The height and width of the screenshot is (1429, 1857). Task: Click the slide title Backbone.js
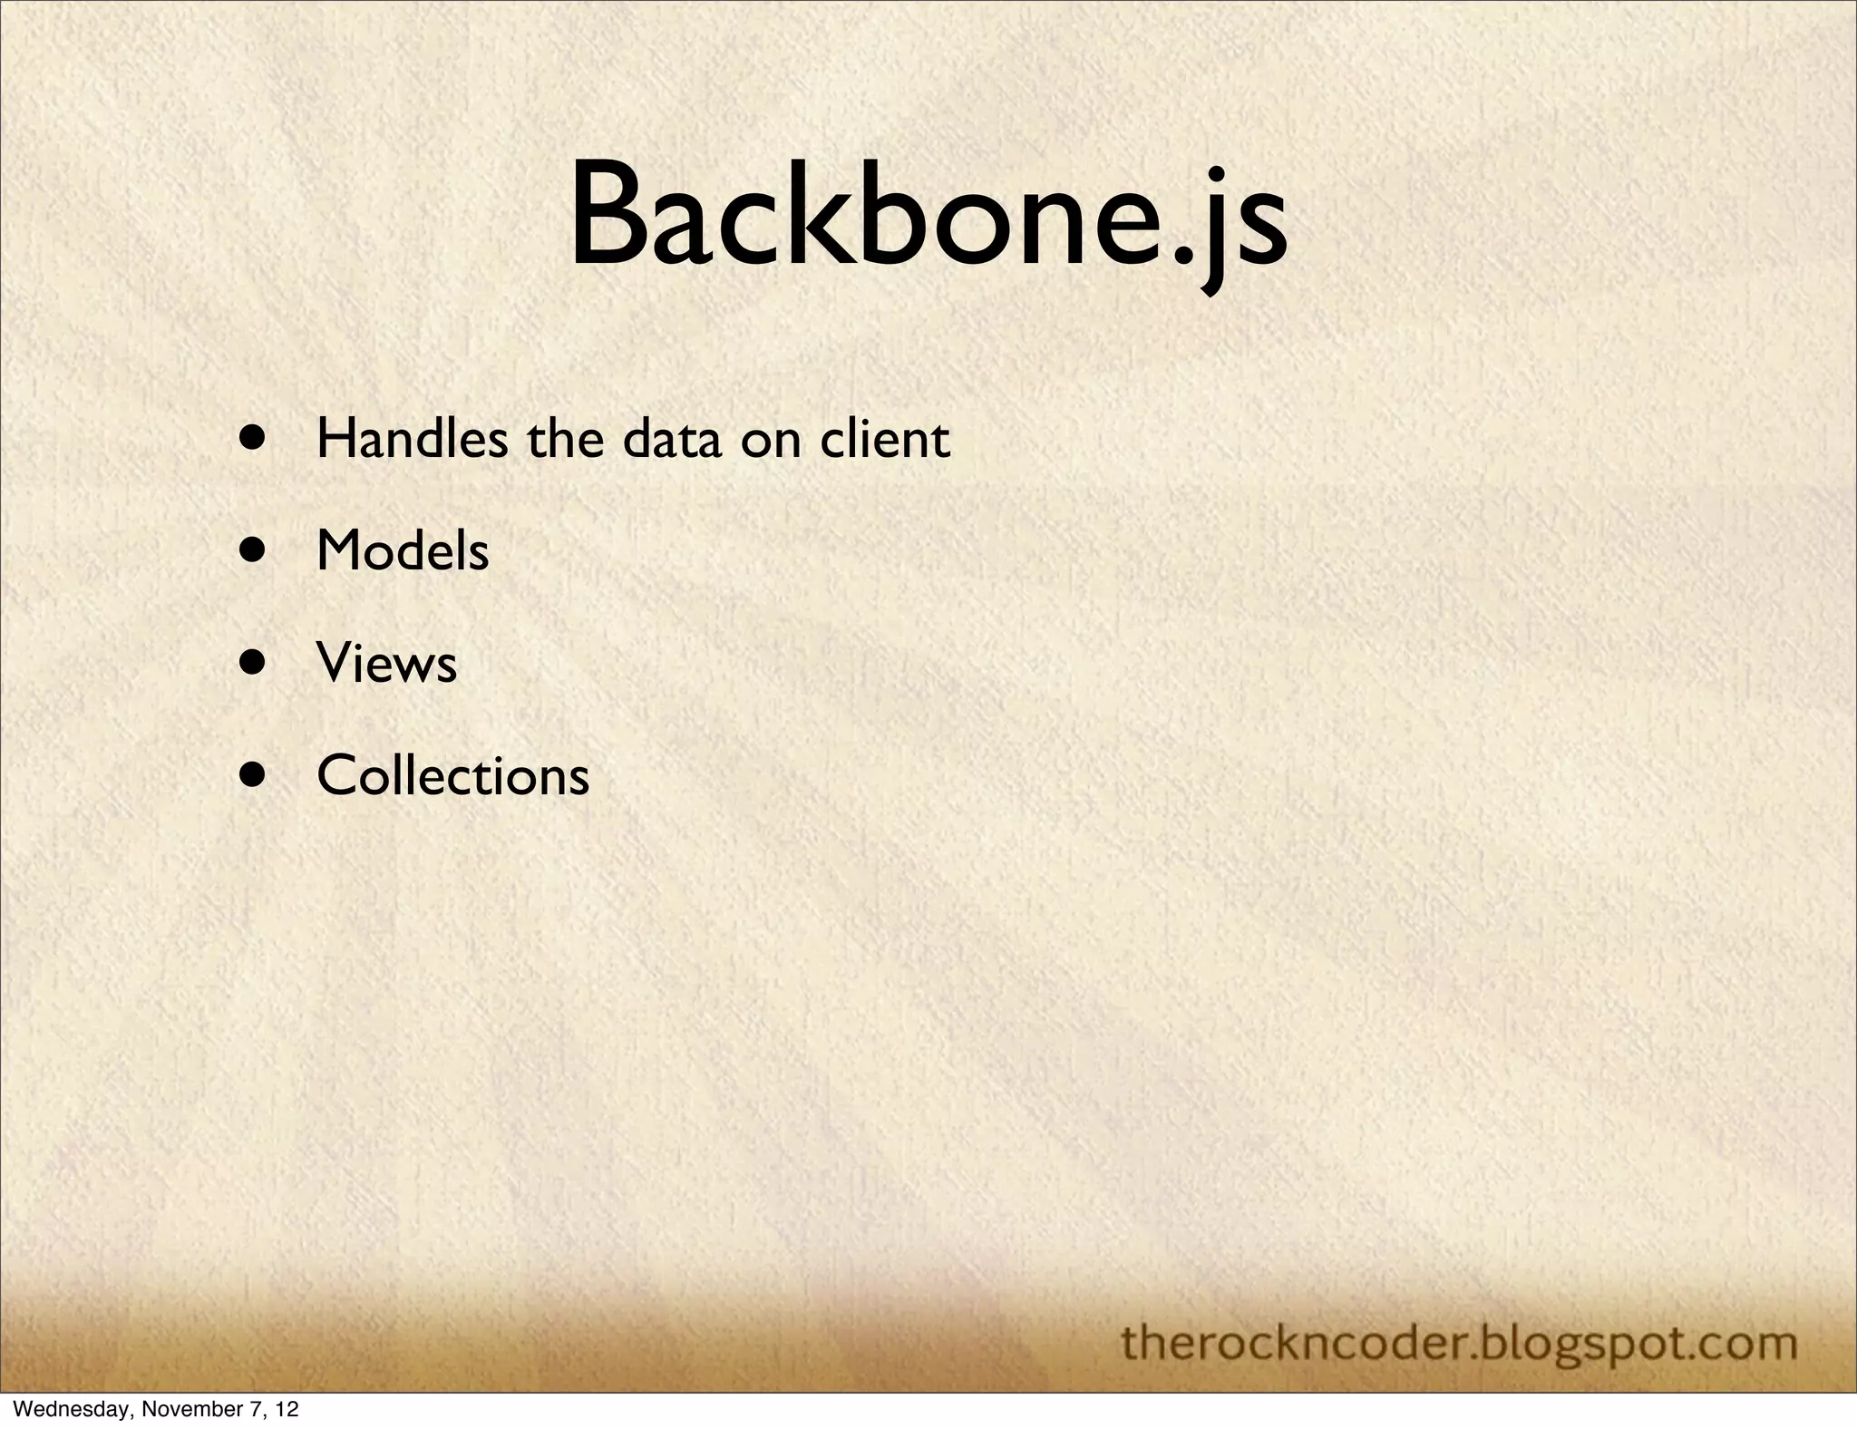[928, 218]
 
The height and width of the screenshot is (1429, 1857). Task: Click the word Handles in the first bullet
[412, 440]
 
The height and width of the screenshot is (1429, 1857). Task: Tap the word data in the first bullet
[671, 440]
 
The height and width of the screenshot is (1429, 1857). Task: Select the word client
[885, 440]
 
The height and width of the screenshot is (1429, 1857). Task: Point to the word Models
[403, 551]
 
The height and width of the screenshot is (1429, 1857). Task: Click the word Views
[386, 663]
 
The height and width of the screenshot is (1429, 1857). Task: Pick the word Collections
[452, 776]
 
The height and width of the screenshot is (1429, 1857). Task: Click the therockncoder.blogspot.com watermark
[1459, 1343]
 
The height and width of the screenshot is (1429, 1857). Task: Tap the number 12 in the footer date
[287, 1410]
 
